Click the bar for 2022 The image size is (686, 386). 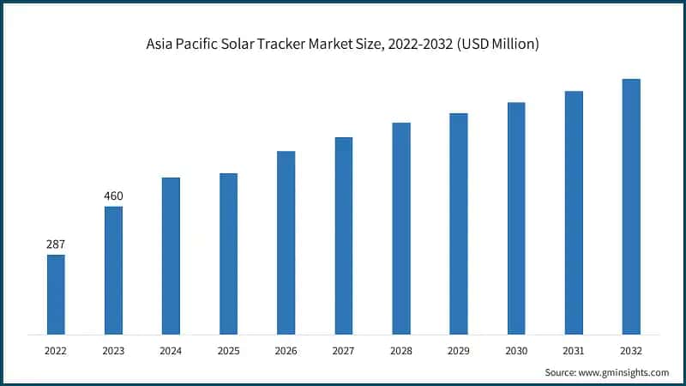pyautogui.click(x=56, y=294)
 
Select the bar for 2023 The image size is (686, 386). pyautogui.click(x=113, y=270)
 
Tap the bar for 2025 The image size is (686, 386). pyautogui.click(x=228, y=254)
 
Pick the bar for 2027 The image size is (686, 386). pyautogui.click(x=343, y=236)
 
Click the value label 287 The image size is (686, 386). pyautogui.click(x=56, y=244)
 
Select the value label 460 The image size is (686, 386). pyautogui.click(x=113, y=196)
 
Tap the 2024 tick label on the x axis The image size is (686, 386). pyautogui.click(x=171, y=351)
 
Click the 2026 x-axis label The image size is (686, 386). pyautogui.click(x=286, y=351)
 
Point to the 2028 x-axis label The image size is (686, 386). pyautogui.click(x=401, y=351)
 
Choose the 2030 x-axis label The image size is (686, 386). pyautogui.click(x=516, y=351)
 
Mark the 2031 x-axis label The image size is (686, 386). pyautogui.click(x=574, y=351)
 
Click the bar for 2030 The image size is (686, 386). pyautogui.click(x=516, y=218)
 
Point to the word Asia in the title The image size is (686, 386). pyautogui.click(x=162, y=45)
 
